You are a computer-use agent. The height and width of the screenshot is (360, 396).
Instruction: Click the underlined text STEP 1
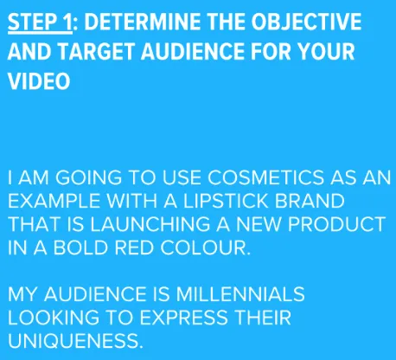click(40, 22)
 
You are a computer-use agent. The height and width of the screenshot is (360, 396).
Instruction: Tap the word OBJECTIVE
click(306, 22)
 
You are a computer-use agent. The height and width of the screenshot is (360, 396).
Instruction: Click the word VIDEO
click(39, 81)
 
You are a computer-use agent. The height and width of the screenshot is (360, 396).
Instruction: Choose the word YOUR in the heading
click(326, 52)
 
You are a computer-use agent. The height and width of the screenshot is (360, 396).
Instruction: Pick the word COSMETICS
click(265, 177)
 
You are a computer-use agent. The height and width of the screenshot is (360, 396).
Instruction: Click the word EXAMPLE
click(54, 201)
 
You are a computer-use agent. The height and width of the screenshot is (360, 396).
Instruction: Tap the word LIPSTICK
click(226, 201)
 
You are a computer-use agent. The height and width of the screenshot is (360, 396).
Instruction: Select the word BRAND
click(310, 201)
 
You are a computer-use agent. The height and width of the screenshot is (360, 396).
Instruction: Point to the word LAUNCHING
click(150, 224)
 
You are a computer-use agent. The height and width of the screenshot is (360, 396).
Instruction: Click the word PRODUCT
click(337, 224)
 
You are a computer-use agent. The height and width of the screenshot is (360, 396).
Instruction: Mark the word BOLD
click(80, 247)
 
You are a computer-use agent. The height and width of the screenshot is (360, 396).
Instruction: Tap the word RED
click(133, 247)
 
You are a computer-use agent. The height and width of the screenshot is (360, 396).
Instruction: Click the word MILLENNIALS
click(240, 294)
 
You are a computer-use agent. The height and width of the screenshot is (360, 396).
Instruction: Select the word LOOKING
click(54, 318)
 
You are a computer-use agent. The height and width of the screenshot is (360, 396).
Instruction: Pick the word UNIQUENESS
click(75, 341)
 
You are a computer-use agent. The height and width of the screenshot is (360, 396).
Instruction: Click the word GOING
click(88, 177)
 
